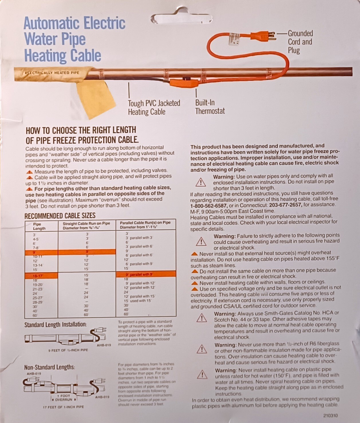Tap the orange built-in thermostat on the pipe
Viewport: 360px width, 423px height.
tap(184, 83)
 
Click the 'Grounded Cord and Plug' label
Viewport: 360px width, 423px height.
tap(300, 42)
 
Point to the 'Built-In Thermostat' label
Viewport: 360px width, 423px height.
tap(210, 107)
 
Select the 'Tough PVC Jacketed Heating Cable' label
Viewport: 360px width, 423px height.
tap(154, 107)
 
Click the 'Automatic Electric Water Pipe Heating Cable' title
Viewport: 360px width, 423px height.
tap(74, 40)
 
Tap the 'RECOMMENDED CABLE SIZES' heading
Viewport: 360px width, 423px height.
tap(60, 216)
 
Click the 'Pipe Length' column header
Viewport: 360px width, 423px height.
tap(39, 226)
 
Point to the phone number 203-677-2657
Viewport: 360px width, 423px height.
tap(285, 205)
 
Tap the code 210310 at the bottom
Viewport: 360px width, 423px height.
tap(331, 416)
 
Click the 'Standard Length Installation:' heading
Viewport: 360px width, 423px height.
tap(56, 325)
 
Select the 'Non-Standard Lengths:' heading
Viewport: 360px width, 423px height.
tap(50, 367)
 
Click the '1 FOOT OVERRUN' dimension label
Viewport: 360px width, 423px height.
tap(64, 398)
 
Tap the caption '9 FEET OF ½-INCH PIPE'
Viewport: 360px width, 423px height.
tap(68, 350)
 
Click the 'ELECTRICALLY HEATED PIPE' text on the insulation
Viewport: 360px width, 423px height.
tap(52, 73)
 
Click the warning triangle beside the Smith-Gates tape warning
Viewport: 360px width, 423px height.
tap(202, 318)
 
